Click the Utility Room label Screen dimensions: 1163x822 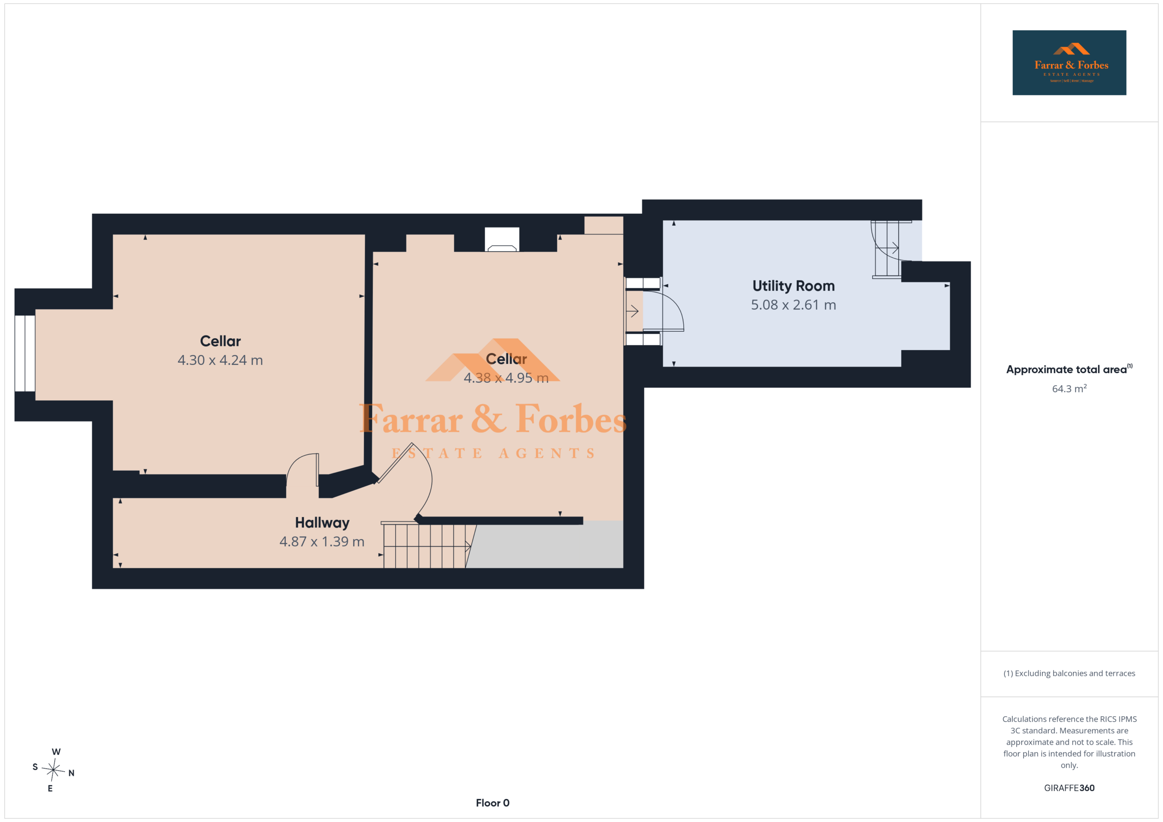pos(793,286)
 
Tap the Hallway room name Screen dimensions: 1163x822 pos(322,523)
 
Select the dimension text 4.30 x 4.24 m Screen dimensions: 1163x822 pos(220,360)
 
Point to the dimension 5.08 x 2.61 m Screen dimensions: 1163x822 pos(793,305)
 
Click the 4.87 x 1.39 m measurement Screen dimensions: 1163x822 pos(322,541)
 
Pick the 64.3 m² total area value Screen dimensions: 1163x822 pos(1069,388)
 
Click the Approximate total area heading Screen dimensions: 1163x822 pos(1069,369)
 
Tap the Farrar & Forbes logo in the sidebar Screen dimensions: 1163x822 pos(1069,63)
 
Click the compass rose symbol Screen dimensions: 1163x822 pos(53,770)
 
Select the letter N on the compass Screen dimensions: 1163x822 pos(71,773)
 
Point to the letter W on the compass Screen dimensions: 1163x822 pos(56,752)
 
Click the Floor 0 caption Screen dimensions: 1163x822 pos(492,803)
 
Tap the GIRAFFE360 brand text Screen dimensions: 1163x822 pos(1069,788)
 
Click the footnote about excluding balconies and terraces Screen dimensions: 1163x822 pos(1069,673)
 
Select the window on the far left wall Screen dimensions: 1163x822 pos(25,353)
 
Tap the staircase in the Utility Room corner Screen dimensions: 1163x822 pos(886,249)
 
